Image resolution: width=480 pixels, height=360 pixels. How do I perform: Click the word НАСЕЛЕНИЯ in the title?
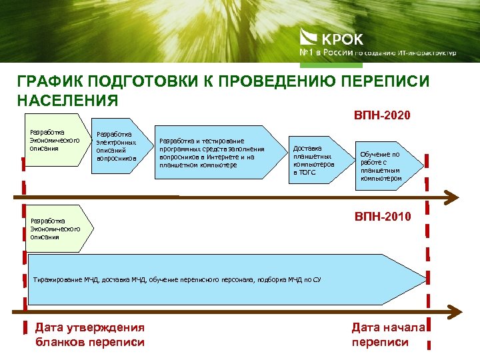(67, 100)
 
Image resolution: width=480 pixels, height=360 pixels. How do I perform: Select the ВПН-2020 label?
(382, 115)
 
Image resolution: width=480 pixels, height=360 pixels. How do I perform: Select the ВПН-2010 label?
(383, 217)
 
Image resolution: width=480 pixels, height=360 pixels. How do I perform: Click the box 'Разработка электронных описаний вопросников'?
(117, 147)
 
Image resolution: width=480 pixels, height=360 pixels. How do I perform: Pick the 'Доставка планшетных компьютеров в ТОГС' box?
(313, 160)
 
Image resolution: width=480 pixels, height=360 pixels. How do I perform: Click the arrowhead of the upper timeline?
(452, 196)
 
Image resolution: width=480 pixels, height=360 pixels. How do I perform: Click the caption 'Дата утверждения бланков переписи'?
(89, 335)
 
